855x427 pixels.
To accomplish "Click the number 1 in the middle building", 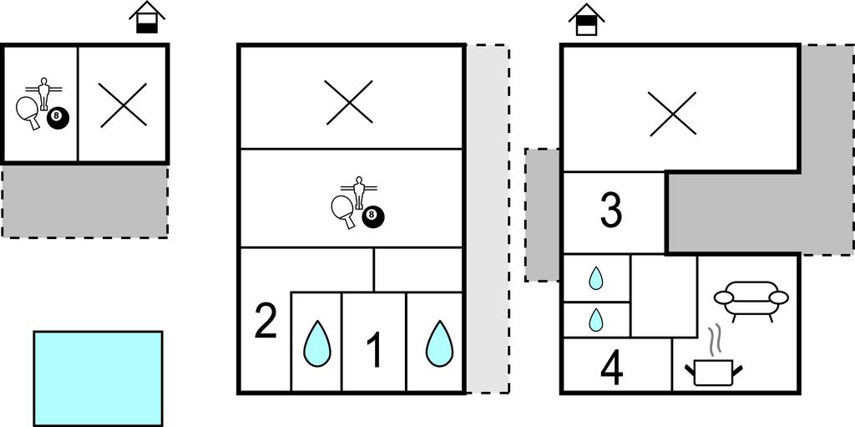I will coord(375,350).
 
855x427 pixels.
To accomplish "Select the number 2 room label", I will coord(265,323).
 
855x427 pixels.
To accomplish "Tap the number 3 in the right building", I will coord(611,211).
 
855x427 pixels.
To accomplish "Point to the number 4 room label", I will coord(612,369).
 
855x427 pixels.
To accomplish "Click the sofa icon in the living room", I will coord(751,300).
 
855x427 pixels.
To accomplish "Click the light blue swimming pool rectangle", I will coord(98,378).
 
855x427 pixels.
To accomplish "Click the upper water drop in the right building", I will coord(595,277).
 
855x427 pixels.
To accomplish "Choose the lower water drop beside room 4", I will coord(595,319).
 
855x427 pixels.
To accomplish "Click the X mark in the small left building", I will coord(124,105).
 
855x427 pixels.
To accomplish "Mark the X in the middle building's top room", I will coord(349,104).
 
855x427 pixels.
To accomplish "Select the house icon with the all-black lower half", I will coord(148,18).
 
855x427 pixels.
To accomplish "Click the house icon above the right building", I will coord(586,20).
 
